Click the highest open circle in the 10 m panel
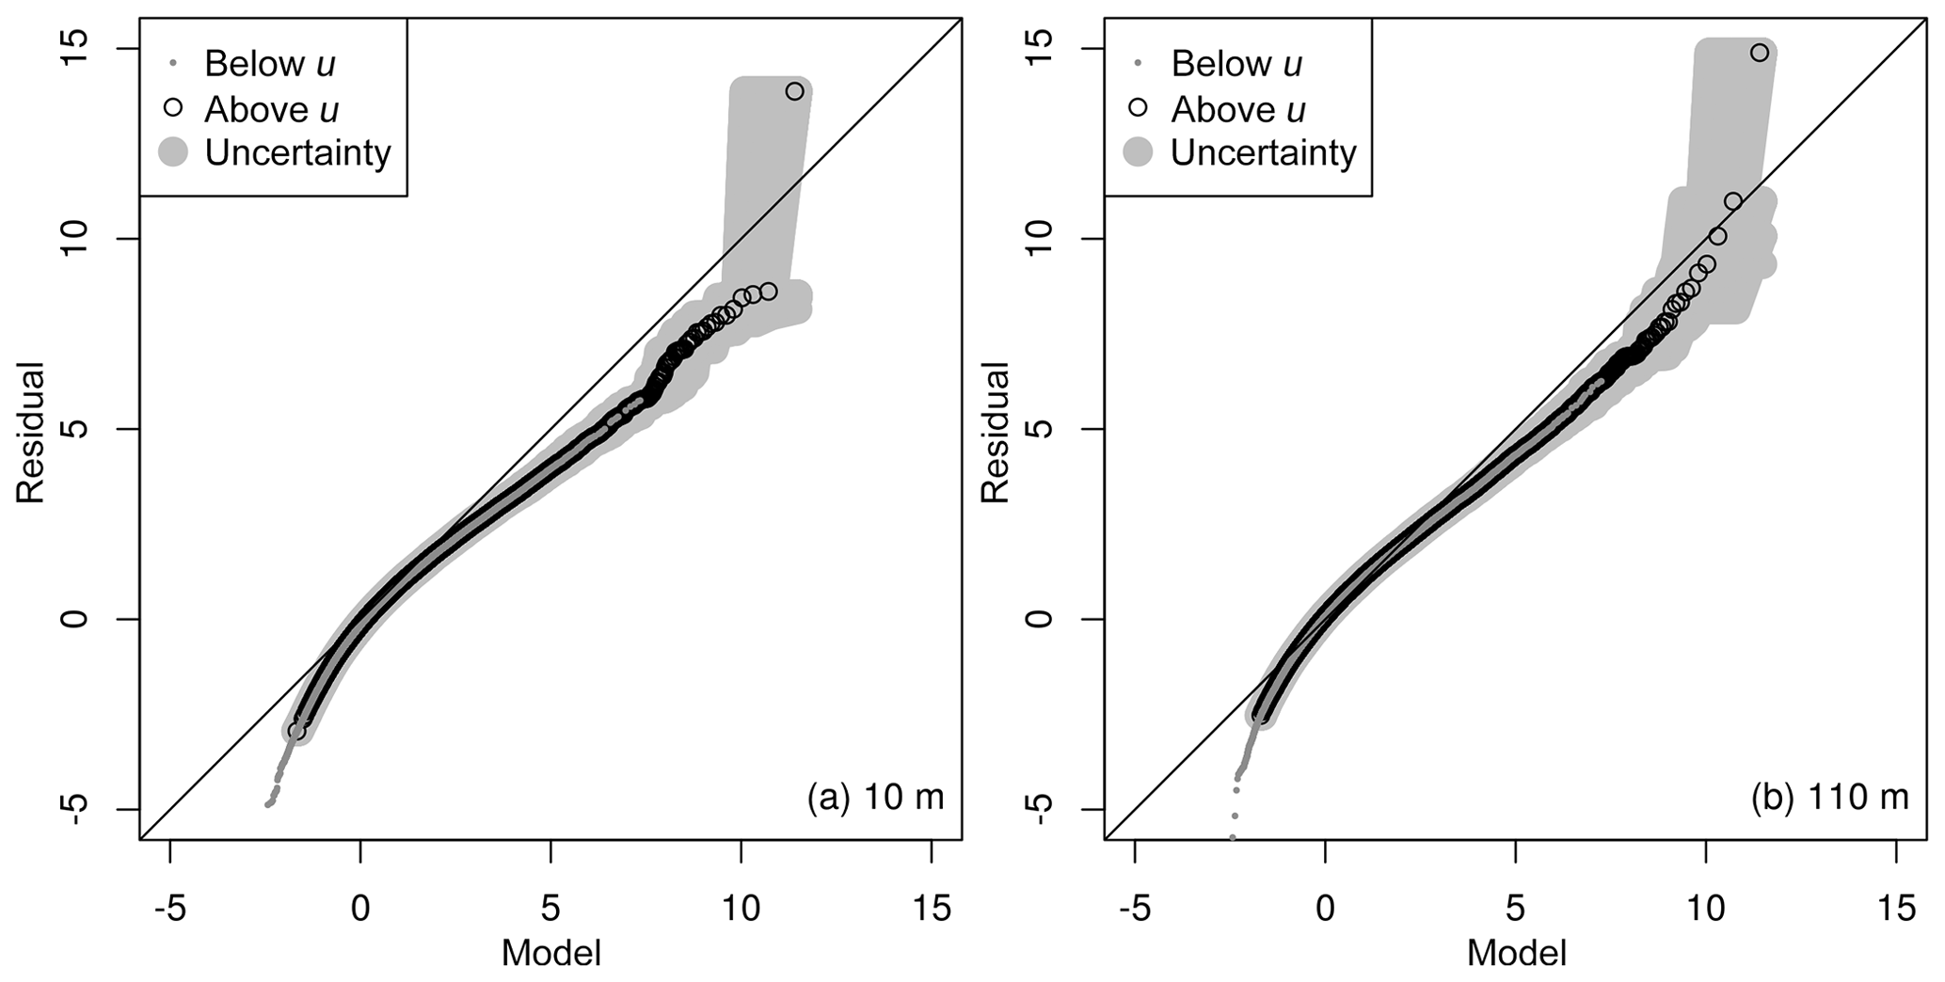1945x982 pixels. (x=794, y=91)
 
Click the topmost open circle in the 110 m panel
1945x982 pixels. (x=1759, y=53)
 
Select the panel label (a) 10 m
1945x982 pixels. (x=875, y=798)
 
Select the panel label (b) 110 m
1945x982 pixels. (x=1829, y=798)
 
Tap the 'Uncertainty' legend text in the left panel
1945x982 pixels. (x=297, y=152)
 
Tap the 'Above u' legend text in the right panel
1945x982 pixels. (x=1237, y=110)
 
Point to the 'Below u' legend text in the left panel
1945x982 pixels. (x=270, y=64)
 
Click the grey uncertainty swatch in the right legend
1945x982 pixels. (x=1138, y=152)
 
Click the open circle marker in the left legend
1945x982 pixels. (x=172, y=108)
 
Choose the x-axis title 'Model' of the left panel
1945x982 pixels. (x=550, y=953)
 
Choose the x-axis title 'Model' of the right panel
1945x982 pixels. (x=1516, y=953)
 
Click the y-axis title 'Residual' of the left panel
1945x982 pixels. (x=30, y=432)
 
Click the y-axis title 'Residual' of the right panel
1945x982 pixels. (x=995, y=432)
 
